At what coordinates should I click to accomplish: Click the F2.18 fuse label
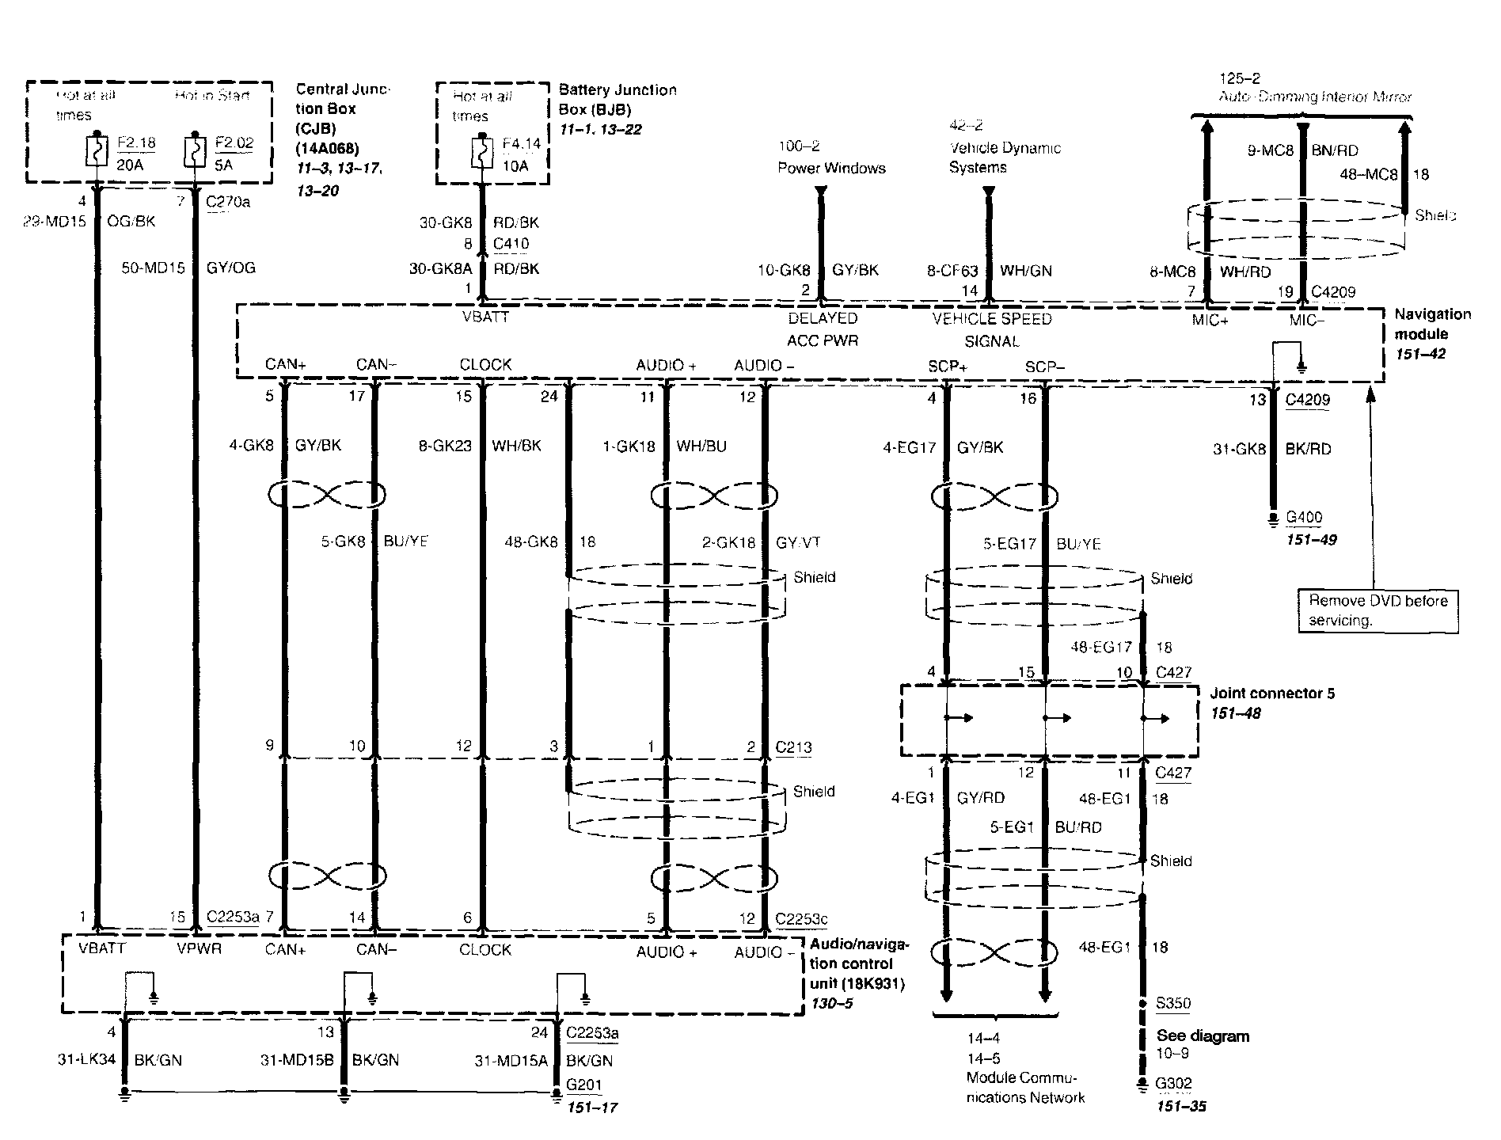(x=136, y=143)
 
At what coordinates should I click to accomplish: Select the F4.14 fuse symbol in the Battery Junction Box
(x=480, y=152)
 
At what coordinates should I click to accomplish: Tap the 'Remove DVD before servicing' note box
(x=1377, y=610)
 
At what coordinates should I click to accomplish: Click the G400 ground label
(x=1304, y=518)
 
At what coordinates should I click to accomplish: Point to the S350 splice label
(x=1172, y=1003)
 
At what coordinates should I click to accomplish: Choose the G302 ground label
(x=1173, y=1083)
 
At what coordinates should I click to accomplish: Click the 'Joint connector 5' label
(x=1272, y=693)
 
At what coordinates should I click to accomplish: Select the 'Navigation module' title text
(x=1432, y=324)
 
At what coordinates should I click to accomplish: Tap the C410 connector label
(x=511, y=244)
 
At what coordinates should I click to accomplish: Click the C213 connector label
(x=793, y=747)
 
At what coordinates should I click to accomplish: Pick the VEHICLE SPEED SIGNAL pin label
(x=992, y=329)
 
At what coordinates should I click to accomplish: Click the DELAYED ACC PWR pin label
(x=823, y=329)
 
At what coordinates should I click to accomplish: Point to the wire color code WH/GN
(x=1026, y=271)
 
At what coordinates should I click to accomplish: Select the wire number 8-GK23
(x=445, y=446)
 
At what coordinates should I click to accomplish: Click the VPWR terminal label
(x=199, y=948)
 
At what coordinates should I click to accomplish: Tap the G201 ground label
(x=584, y=1083)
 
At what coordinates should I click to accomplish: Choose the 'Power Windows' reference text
(x=831, y=168)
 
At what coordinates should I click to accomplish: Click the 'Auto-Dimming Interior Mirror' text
(x=1315, y=97)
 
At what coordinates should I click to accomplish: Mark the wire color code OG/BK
(x=131, y=221)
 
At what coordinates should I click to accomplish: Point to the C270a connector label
(x=228, y=201)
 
